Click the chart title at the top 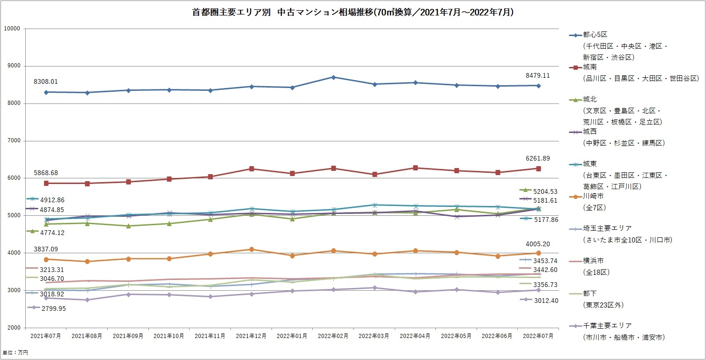click(353, 13)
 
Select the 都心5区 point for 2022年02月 click(333, 77)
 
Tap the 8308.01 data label click(45, 81)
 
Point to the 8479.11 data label click(538, 75)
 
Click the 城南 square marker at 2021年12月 click(251, 169)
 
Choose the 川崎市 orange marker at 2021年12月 click(251, 250)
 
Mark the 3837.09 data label click(45, 249)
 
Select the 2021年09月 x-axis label click(128, 336)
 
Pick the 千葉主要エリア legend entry click(607, 325)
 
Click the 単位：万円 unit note click(15, 352)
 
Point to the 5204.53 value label click(545, 191)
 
